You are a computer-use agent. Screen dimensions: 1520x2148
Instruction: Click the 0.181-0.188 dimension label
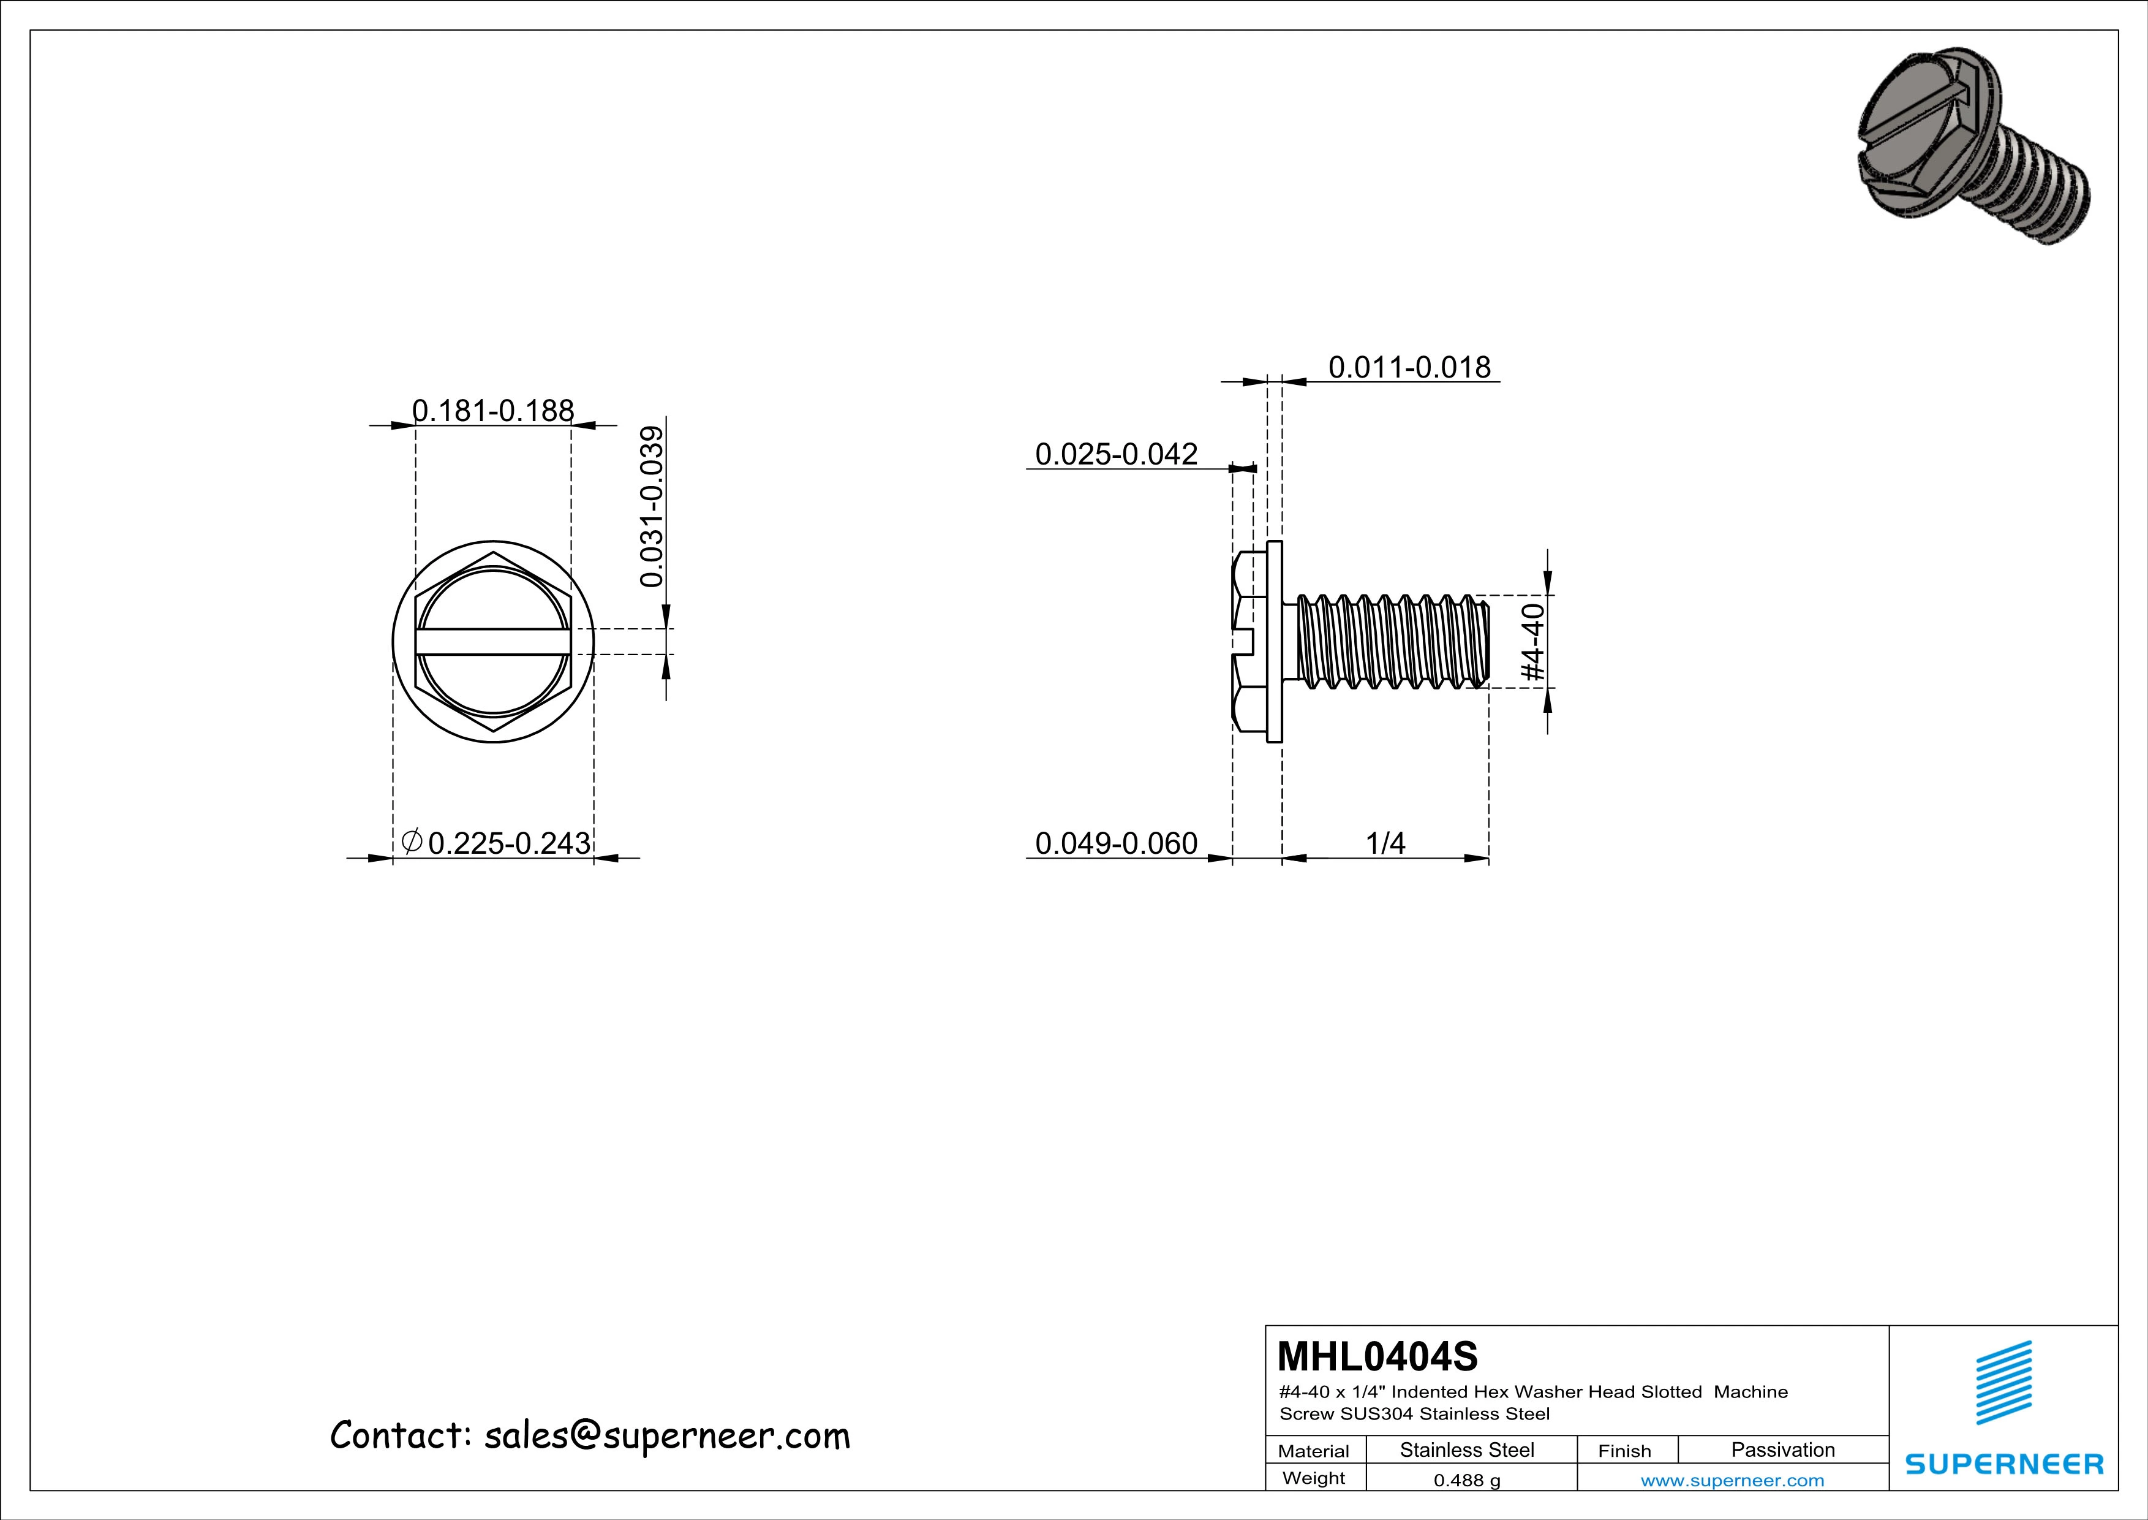point(493,411)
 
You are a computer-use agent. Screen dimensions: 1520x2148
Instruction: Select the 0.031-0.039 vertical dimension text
point(652,506)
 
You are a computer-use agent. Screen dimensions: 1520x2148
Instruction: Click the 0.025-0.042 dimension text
point(1115,454)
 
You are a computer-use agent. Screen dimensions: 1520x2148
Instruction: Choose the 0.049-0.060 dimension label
point(1115,843)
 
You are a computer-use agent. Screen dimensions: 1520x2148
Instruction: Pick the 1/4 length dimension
point(1385,843)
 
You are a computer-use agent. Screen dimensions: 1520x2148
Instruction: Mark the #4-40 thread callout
point(1532,642)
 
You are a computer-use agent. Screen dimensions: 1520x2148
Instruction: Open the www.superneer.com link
point(1732,1481)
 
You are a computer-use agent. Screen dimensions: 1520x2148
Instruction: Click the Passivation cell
point(1782,1450)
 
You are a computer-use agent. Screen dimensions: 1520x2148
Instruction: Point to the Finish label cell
point(1624,1451)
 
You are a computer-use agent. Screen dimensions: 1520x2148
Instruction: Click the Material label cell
point(1314,1451)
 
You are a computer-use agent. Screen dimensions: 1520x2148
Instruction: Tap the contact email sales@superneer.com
point(666,1436)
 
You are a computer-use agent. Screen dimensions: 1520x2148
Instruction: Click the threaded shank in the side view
point(1389,642)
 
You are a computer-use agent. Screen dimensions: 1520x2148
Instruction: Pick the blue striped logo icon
point(2003,1383)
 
